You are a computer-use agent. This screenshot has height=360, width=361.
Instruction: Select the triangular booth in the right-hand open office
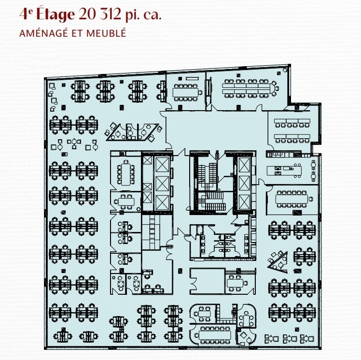point(278,261)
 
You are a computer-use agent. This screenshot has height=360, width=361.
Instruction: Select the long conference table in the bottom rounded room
point(214,333)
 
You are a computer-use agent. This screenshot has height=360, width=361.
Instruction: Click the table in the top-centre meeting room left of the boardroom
point(186,90)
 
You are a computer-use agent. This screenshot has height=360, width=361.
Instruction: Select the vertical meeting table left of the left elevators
point(128,172)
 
